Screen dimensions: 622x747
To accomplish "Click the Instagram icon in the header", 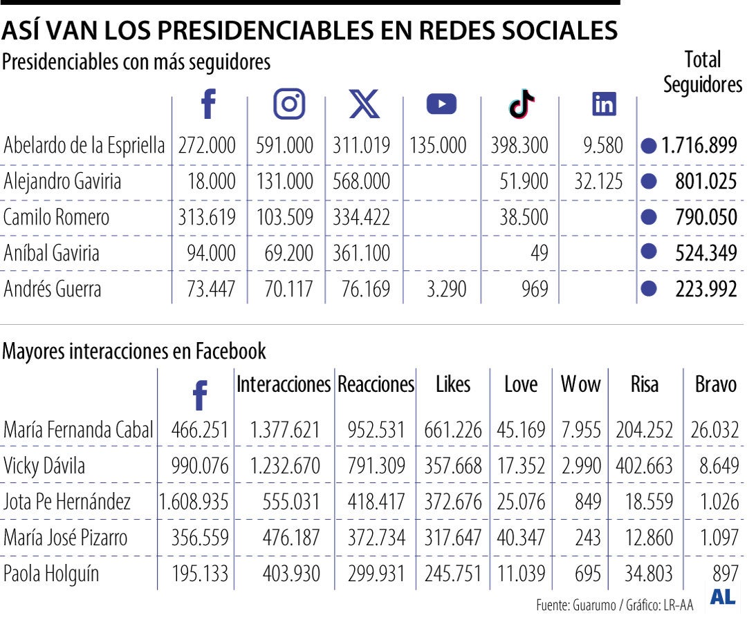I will pyautogui.click(x=290, y=104).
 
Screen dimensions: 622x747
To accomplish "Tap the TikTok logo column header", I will pyautogui.click(x=522, y=104).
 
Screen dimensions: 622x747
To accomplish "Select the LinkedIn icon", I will pyautogui.click(x=604, y=104).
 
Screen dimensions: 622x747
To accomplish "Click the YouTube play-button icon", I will pyautogui.click(x=441, y=104).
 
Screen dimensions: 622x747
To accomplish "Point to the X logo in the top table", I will pyautogui.click(x=365, y=104).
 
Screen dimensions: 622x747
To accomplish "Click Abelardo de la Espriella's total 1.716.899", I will pyautogui.click(x=699, y=146).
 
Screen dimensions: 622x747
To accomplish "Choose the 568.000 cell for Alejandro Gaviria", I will pyautogui.click(x=361, y=182).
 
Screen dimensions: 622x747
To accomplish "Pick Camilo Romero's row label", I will pyautogui.click(x=56, y=217).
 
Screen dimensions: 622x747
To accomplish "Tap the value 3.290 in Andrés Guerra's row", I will pyautogui.click(x=447, y=289).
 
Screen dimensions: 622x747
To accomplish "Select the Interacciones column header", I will pyautogui.click(x=284, y=385).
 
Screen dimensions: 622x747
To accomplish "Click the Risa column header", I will pyautogui.click(x=644, y=385).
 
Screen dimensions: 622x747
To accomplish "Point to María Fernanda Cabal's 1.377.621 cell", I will pyautogui.click(x=285, y=430).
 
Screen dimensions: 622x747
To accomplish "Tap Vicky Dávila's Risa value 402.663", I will pyautogui.click(x=644, y=466).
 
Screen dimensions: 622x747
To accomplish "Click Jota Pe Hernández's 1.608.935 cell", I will pyautogui.click(x=194, y=502).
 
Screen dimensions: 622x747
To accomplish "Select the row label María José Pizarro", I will pyautogui.click(x=65, y=538).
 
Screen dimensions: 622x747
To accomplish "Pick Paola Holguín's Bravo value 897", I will pyautogui.click(x=726, y=574).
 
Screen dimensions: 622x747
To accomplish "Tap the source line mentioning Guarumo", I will pyautogui.click(x=614, y=605).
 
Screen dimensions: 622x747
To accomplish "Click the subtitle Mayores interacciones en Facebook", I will pyautogui.click(x=134, y=351).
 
